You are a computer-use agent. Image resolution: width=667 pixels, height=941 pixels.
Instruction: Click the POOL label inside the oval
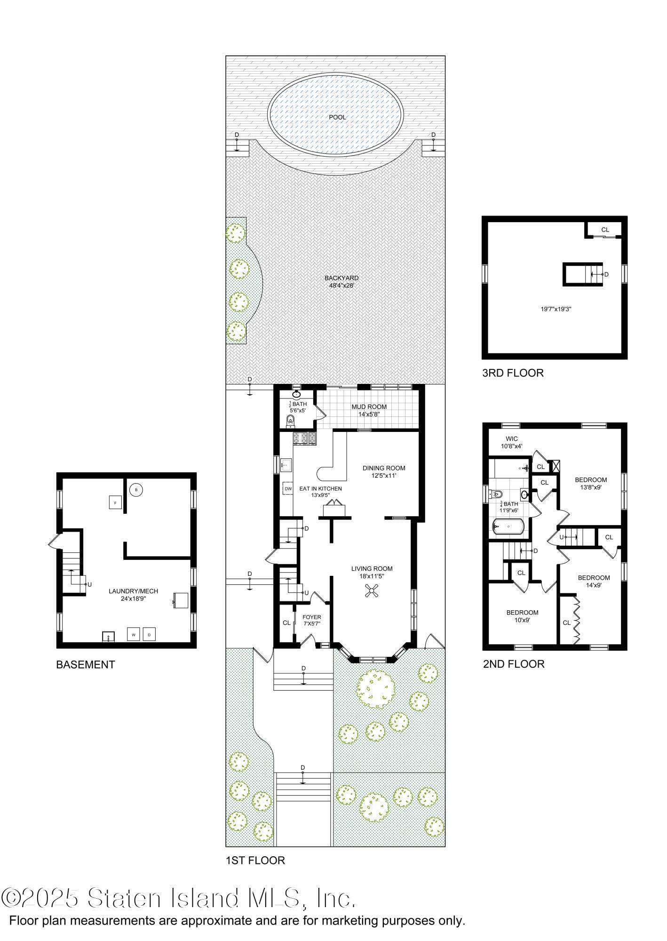[337, 117]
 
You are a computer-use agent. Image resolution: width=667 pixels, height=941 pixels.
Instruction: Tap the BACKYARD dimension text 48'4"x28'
[341, 285]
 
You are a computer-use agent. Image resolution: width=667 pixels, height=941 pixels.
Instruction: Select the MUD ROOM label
[369, 407]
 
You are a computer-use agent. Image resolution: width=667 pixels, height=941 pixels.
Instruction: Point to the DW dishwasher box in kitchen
[288, 489]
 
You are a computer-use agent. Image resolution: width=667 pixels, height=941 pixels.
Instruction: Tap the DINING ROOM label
[383, 468]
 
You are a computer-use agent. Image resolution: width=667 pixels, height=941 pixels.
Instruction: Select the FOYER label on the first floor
[311, 617]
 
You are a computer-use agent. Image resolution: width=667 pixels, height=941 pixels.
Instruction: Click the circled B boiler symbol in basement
[136, 490]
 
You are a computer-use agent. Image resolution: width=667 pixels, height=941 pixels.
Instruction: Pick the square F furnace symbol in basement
[115, 502]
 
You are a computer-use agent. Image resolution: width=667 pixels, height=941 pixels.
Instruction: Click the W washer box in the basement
[134, 635]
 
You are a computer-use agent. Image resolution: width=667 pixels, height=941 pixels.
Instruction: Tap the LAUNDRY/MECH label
[133, 591]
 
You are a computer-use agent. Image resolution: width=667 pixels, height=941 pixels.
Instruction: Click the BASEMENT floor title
[85, 664]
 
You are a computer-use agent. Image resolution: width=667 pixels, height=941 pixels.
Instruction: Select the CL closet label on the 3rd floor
[605, 230]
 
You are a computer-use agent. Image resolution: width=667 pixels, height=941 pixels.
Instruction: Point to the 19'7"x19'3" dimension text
[556, 309]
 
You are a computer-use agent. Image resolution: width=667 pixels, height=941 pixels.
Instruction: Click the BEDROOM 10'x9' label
[522, 612]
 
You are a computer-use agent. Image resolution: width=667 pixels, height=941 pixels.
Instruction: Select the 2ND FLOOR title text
[513, 664]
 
